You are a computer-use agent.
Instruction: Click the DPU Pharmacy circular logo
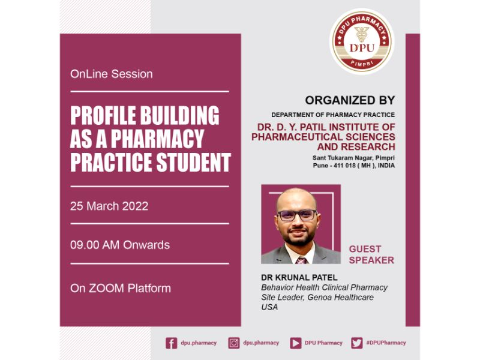362,41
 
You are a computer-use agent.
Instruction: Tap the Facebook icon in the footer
172,343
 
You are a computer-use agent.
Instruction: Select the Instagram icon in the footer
234,343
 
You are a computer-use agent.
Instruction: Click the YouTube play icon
295,343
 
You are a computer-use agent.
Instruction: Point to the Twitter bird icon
357,343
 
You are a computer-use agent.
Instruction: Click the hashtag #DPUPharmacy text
386,343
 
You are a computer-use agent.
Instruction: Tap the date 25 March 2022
109,206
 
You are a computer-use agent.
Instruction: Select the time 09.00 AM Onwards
119,245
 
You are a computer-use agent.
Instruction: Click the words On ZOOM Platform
121,289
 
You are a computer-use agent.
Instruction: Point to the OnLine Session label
111,74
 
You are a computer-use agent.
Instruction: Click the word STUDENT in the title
193,162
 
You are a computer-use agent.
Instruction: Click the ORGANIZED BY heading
350,100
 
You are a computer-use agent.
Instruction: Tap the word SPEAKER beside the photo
371,260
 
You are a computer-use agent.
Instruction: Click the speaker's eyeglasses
297,215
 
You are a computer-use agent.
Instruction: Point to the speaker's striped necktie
302,260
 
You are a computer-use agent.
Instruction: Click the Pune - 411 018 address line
353,166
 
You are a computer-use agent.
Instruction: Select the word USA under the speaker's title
269,307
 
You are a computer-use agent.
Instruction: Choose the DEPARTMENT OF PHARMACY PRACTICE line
333,115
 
